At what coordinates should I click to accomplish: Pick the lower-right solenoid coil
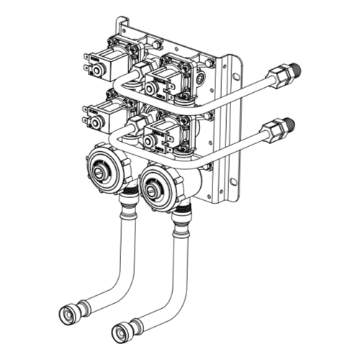pyautogui.click(x=162, y=134)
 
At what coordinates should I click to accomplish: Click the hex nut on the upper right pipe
pyautogui.click(x=276, y=75)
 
